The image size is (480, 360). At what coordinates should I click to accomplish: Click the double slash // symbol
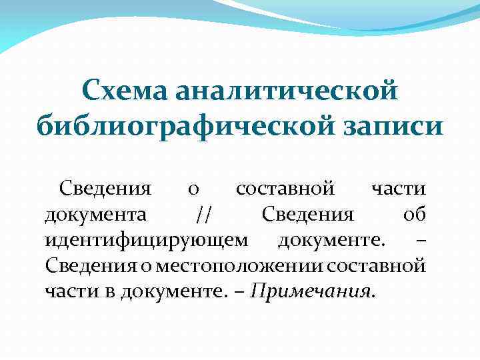point(204,215)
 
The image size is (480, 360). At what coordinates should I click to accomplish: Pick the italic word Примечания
point(313,291)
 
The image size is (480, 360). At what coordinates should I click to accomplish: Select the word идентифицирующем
point(147,241)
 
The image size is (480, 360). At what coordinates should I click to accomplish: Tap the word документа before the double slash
point(96,215)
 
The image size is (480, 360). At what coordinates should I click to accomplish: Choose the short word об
point(414,215)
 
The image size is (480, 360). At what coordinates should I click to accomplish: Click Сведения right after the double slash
point(307,215)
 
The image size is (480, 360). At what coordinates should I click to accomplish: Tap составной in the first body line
point(285,190)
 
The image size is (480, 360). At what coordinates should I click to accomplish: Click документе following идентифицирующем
point(330,241)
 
